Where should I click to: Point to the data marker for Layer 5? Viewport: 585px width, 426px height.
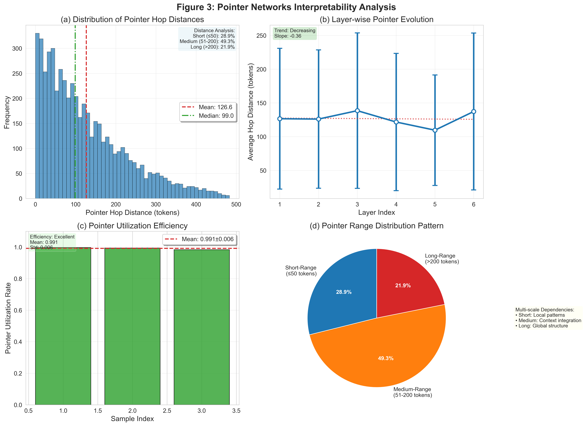tap(435, 130)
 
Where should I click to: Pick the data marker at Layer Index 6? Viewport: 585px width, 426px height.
tap(474, 112)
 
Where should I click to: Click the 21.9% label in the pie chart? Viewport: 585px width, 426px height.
tap(403, 285)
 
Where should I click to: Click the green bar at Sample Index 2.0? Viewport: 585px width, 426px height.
tap(132, 326)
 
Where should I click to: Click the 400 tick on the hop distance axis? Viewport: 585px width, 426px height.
tap(196, 205)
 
